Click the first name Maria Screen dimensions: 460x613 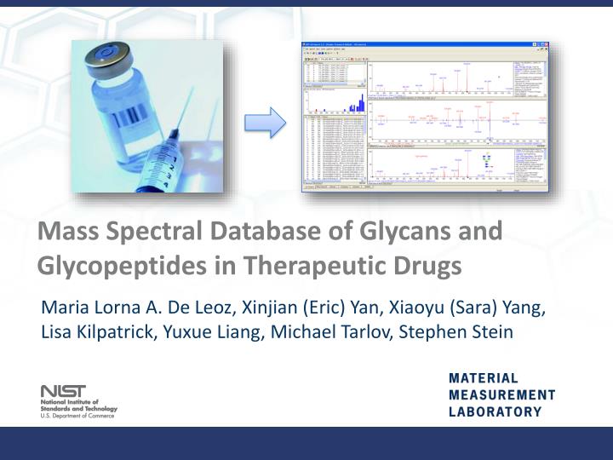[x=64, y=307]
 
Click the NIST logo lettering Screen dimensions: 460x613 [x=63, y=391]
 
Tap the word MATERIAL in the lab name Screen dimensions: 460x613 [x=483, y=378]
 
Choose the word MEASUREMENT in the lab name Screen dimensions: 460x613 [x=501, y=395]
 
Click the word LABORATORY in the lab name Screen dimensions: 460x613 [x=495, y=412]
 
